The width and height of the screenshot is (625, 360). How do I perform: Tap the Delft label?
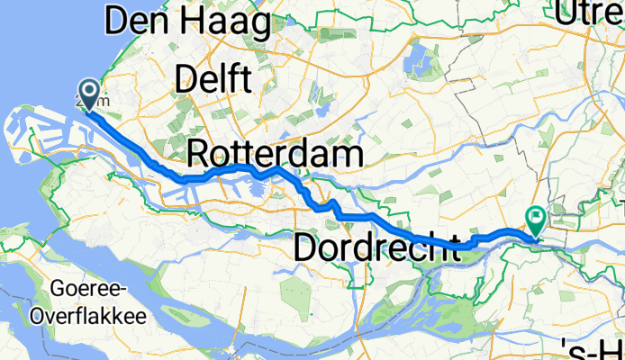click(x=213, y=80)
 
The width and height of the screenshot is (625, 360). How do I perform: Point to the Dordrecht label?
click(x=377, y=245)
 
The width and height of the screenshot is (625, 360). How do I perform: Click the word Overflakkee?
click(x=77, y=316)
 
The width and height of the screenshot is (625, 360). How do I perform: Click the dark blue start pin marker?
click(x=89, y=92)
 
